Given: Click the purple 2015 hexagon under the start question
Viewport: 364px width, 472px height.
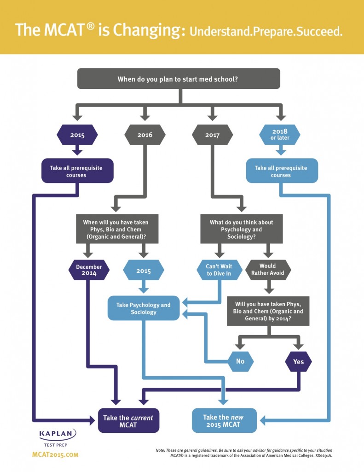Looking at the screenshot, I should click(x=77, y=135).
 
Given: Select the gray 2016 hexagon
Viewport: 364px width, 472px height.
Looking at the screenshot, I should click(x=145, y=135).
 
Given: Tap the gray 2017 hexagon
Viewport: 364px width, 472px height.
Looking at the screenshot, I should click(x=212, y=135).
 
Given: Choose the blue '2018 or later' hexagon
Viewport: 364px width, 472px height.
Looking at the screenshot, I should click(x=280, y=135).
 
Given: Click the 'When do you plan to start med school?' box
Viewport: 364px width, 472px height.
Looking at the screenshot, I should click(x=178, y=79).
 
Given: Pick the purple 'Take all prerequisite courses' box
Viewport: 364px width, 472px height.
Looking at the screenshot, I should click(x=78, y=171).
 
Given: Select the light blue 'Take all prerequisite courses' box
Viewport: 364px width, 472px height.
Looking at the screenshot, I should click(x=281, y=171).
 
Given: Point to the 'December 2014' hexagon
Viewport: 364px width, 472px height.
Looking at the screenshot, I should click(x=89, y=270).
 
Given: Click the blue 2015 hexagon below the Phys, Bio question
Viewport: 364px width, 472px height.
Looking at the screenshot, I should click(x=144, y=271).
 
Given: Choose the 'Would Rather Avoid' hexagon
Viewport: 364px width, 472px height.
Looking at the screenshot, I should click(x=268, y=270).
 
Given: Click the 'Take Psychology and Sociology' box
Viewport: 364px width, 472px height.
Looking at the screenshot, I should click(x=144, y=308).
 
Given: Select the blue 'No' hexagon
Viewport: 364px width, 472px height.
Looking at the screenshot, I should click(x=240, y=361).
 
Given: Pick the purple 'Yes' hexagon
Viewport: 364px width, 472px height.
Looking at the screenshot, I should click(x=299, y=361).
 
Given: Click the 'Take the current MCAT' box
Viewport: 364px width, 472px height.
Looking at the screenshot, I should click(x=128, y=421).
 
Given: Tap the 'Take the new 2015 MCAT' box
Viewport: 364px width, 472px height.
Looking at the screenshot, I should click(x=224, y=421).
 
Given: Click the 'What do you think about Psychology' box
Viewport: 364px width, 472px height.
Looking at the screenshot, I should click(x=241, y=229).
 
